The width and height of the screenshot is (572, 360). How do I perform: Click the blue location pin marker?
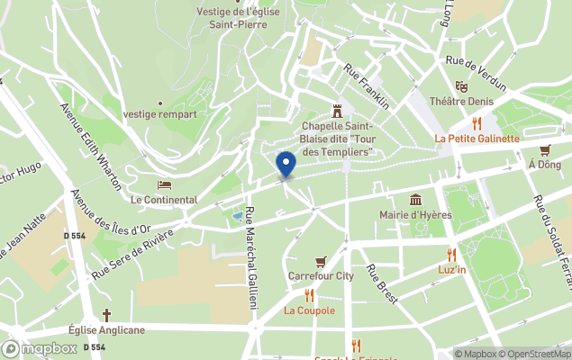(x=286, y=165)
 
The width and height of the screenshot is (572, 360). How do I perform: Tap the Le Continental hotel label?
(x=164, y=199)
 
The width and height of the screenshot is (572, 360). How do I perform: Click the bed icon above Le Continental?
(x=164, y=184)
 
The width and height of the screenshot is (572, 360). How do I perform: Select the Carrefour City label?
(x=321, y=275)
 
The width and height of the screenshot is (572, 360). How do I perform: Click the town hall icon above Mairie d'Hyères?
(x=415, y=199)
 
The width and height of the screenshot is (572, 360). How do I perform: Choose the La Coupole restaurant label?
(x=309, y=310)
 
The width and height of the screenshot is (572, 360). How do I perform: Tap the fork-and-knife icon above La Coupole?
(x=309, y=295)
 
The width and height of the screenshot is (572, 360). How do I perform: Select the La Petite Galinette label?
(x=477, y=139)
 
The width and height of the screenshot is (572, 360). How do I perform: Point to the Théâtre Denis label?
(x=461, y=102)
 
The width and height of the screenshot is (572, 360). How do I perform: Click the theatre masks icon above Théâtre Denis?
(x=461, y=86)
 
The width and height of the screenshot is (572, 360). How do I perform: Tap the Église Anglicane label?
(x=106, y=329)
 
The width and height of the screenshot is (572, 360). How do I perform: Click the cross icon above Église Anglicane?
(x=106, y=315)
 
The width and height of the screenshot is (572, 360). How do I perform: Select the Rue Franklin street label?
(x=368, y=86)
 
